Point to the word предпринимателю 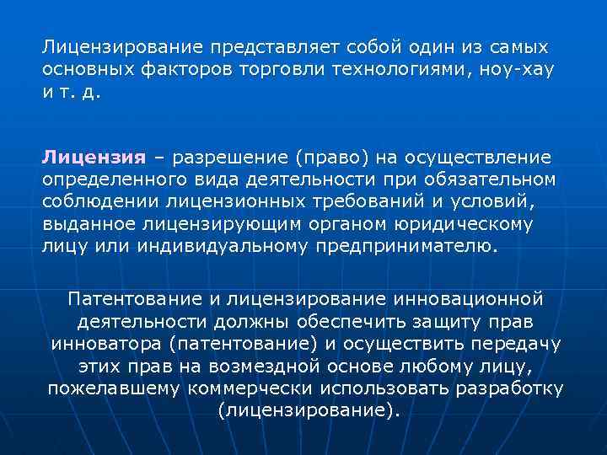click(406, 247)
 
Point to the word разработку click(510, 389)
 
